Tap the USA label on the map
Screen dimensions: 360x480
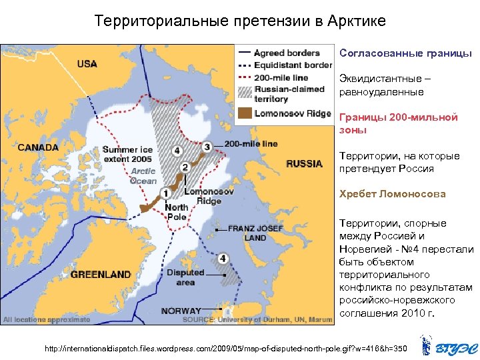[87, 64]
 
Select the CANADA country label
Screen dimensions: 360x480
[38, 147]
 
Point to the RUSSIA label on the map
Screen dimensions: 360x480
[304, 164]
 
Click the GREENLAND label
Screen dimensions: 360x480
[101, 274]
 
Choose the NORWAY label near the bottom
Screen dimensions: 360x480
[181, 311]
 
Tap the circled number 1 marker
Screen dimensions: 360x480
[164, 193]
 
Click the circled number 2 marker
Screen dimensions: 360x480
[185, 169]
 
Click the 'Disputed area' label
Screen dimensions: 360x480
[185, 277]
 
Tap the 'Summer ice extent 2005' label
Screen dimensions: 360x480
[127, 155]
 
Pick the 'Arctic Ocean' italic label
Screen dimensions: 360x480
[143, 176]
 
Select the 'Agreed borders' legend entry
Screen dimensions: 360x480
[287, 53]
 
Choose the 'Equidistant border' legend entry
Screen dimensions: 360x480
[293, 65]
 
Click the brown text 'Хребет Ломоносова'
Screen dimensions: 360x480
[392, 195]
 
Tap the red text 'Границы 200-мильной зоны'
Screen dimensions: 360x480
[398, 123]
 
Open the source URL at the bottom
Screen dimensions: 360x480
[225, 349]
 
